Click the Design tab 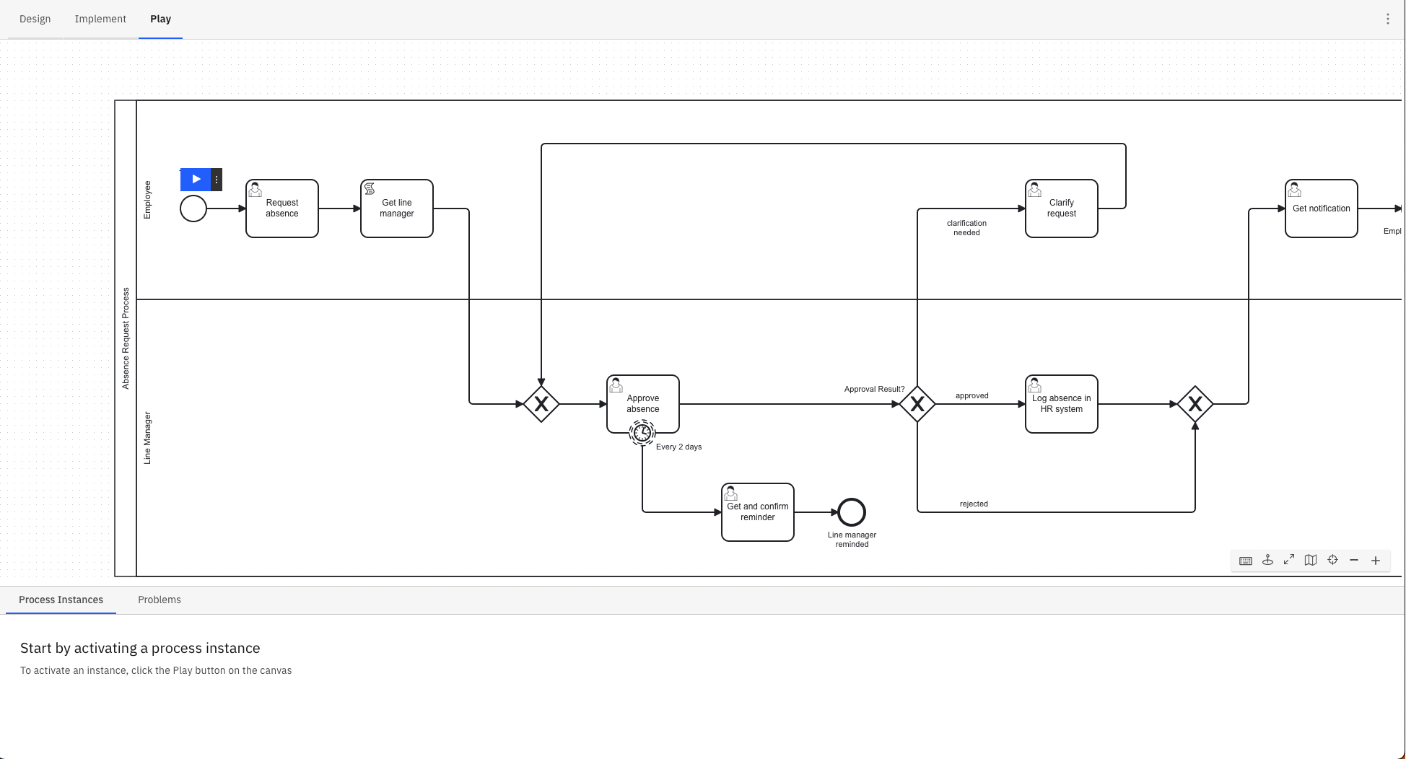pos(35,19)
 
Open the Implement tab pos(100,19)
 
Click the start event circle pos(193,209)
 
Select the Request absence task pos(282,209)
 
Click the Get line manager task pos(397,209)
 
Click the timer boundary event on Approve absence pos(642,432)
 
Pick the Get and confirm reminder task pos(758,512)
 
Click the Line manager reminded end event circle pos(852,512)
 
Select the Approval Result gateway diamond pos(917,404)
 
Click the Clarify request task pos(1062,209)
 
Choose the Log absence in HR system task pos(1062,404)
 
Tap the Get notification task pos(1322,209)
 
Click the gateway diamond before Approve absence pos(541,404)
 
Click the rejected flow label pos(974,504)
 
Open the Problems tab pos(160,600)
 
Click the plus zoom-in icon pos(1376,561)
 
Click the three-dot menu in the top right pos(1387,19)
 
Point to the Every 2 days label pos(678,447)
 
